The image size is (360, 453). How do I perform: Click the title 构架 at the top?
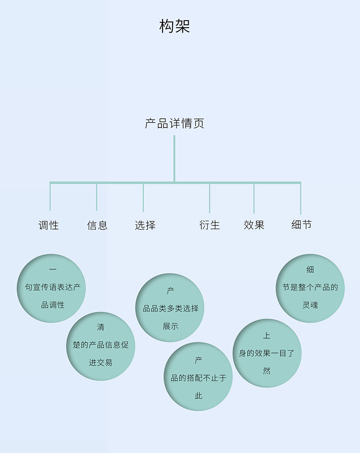point(174,26)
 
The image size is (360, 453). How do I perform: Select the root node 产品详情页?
point(174,123)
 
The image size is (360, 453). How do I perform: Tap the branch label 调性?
point(49,225)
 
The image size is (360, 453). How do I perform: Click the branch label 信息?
point(97,225)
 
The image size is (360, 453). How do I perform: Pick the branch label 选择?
point(145,225)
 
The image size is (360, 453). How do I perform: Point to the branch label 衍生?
point(209,225)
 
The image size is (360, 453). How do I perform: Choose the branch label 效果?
point(254,225)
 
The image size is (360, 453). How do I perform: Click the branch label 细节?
point(302,224)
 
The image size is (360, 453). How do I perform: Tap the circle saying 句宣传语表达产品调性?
point(52,288)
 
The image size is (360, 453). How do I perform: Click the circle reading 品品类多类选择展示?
point(170,308)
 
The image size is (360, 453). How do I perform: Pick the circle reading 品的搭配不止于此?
point(198,377)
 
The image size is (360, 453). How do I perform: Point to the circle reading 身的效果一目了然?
point(267,353)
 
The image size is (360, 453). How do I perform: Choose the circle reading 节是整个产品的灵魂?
point(310,288)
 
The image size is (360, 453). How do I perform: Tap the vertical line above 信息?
point(97,197)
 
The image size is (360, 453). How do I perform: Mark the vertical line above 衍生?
point(209,198)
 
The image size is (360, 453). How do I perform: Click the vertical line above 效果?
point(254,198)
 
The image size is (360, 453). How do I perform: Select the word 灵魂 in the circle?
point(310,305)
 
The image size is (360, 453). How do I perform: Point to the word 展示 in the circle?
point(170,326)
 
